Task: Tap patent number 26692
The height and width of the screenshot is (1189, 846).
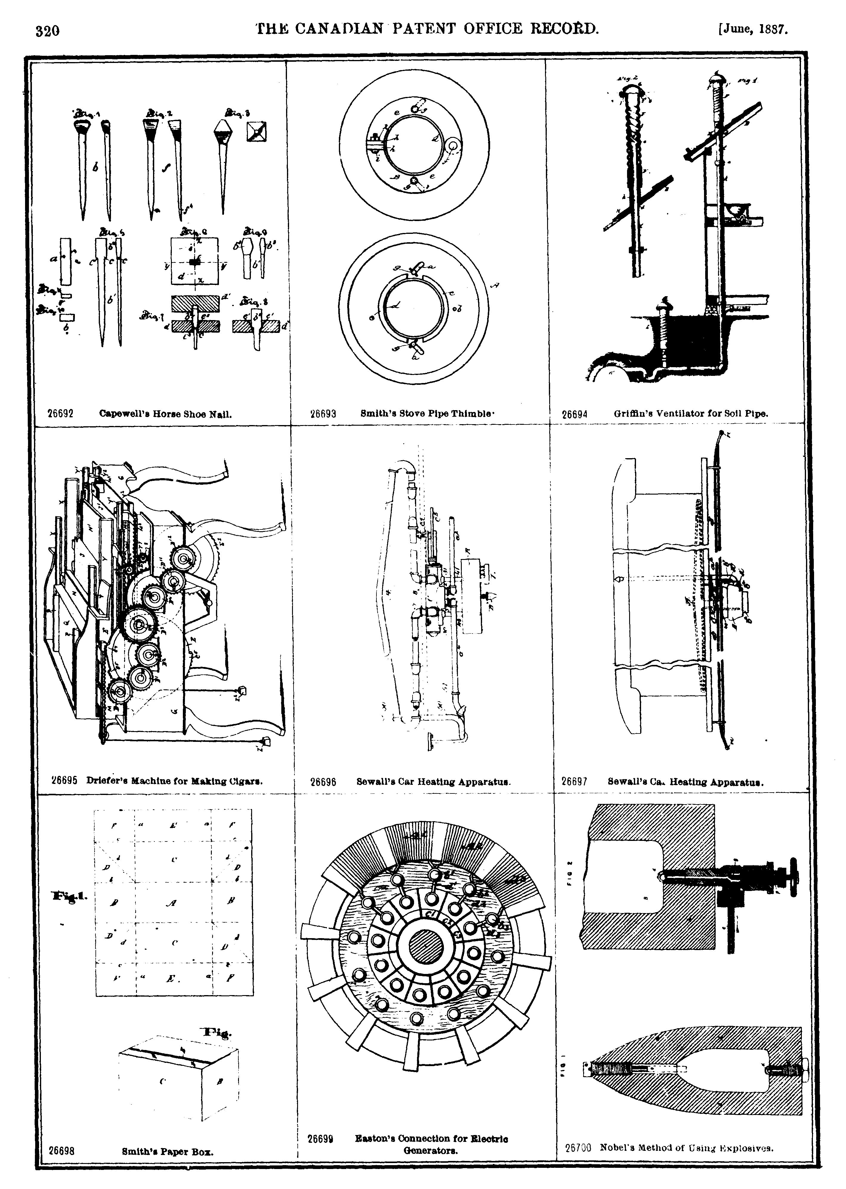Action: click(61, 413)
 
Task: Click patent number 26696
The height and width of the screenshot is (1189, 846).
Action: click(323, 782)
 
